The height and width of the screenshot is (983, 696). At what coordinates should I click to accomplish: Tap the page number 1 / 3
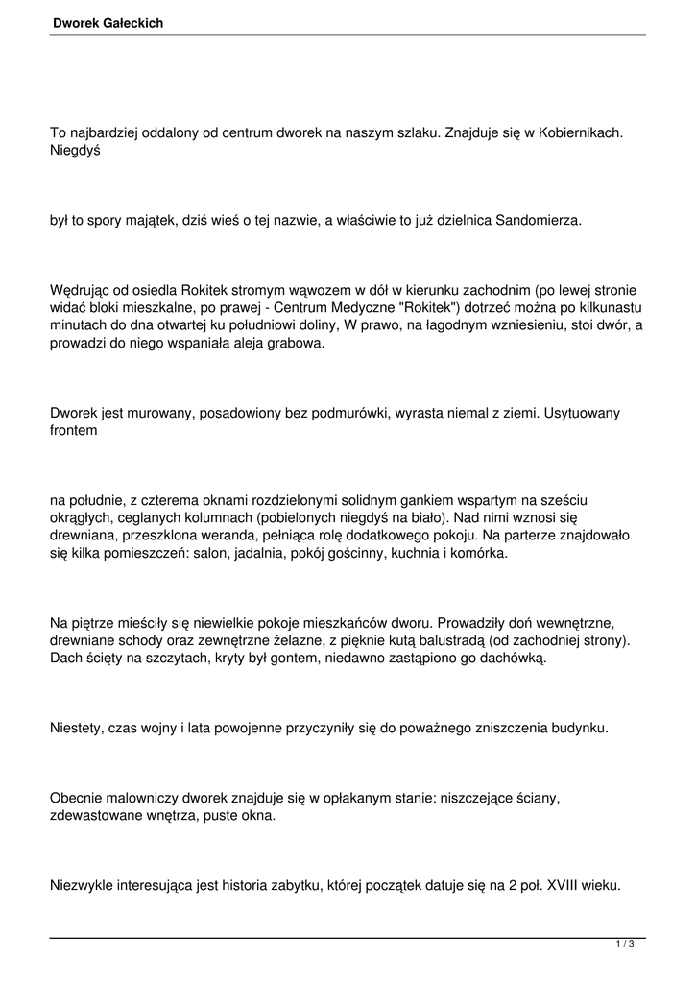(625, 946)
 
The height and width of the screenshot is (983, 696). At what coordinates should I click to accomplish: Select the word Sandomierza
(539, 220)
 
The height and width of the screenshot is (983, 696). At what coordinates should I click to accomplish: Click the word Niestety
(77, 729)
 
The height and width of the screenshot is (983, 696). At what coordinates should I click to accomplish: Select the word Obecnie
(77, 800)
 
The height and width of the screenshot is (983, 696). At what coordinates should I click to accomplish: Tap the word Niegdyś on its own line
(76, 151)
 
